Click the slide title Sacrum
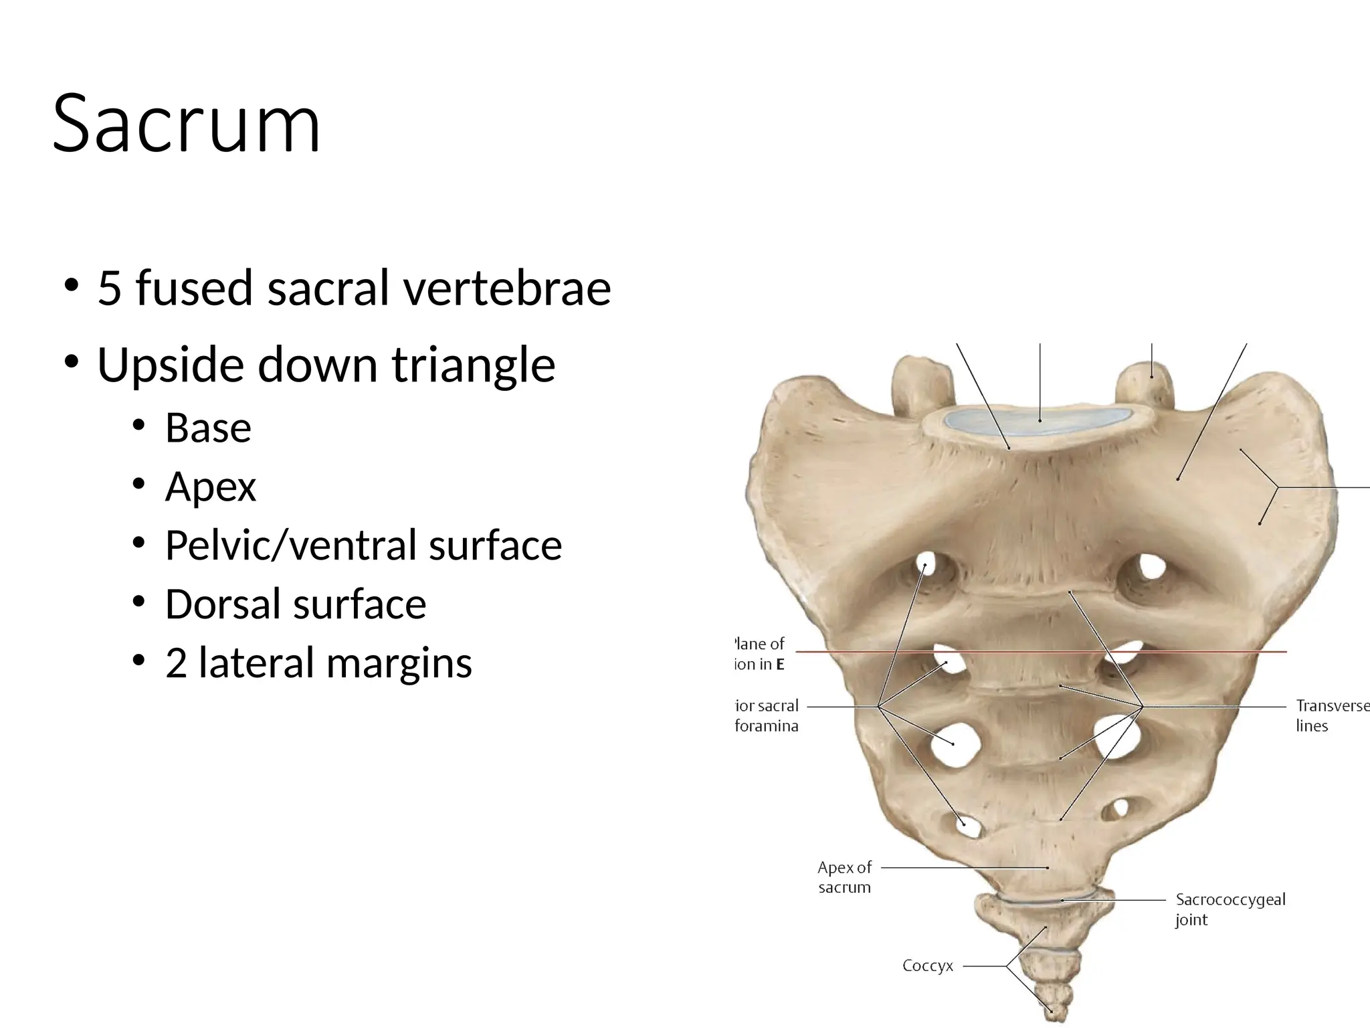pos(187,124)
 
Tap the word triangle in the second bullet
pos(473,365)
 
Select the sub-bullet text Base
pos(208,428)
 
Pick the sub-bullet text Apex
pos(210,487)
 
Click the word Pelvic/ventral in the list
pos(292,545)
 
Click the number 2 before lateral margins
pos(176,663)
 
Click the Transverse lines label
pos(1331,715)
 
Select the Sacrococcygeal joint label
pos(1230,909)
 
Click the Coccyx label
pos(927,966)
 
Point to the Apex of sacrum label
pos(844,877)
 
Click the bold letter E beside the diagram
pos(779,665)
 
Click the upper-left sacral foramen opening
pos(928,564)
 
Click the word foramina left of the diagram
pos(767,726)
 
